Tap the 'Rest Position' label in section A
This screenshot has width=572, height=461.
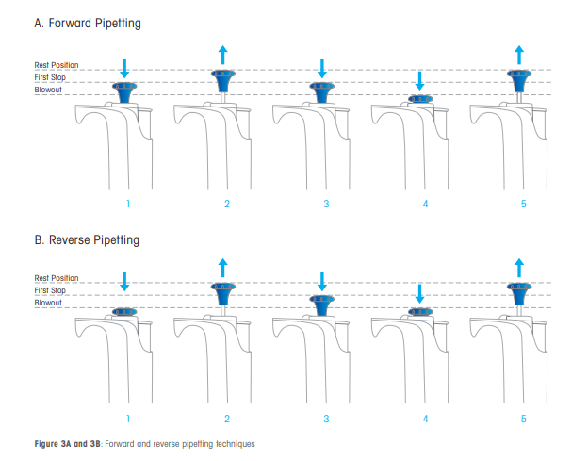[x=57, y=65]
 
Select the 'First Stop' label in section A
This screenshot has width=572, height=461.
[x=50, y=76]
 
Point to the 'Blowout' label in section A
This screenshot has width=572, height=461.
[x=48, y=89]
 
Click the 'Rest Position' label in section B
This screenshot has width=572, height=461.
[x=57, y=278]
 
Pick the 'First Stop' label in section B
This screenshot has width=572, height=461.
[x=50, y=290]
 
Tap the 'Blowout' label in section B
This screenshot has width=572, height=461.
[x=48, y=302]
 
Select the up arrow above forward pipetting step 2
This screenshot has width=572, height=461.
[x=222, y=54]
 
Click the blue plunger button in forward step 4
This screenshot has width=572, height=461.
[x=420, y=98]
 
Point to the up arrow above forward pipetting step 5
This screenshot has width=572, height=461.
[x=519, y=54]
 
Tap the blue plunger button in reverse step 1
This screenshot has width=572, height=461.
[x=125, y=312]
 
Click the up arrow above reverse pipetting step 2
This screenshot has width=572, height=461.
[x=222, y=267]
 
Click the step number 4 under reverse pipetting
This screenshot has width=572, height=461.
[x=425, y=417]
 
